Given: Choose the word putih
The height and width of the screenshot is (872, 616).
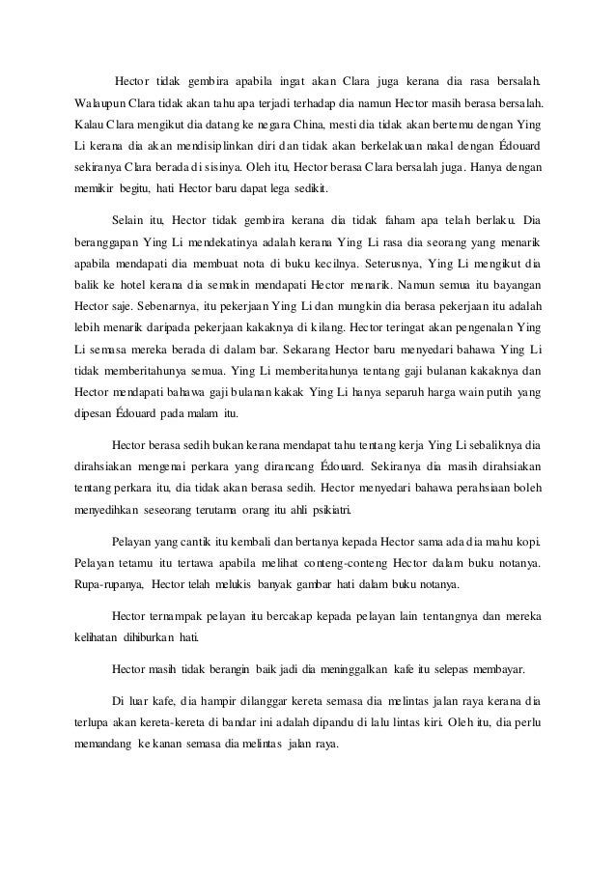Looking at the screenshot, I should pos(500,392).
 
